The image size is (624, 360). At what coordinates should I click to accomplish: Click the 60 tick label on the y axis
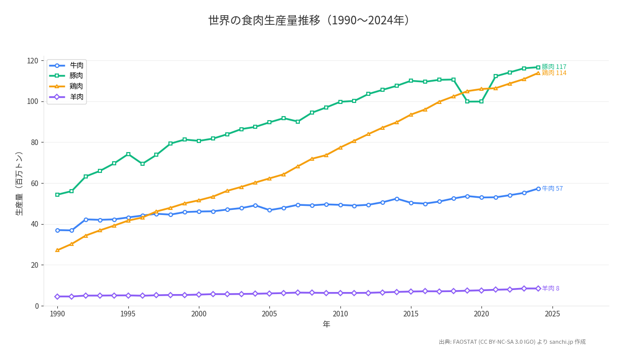pyautogui.click(x=34, y=183)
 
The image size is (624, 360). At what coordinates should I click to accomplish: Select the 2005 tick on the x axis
pyautogui.click(x=269, y=314)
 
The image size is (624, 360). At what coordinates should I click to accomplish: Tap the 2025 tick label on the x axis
pyautogui.click(x=552, y=314)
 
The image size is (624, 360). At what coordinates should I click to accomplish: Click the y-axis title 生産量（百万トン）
pyautogui.click(x=19, y=184)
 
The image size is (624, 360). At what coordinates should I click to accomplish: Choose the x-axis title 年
pyautogui.click(x=326, y=325)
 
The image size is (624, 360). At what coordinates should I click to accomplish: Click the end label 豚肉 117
pyautogui.click(x=554, y=67)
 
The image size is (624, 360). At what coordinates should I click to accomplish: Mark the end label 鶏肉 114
pyautogui.click(x=554, y=74)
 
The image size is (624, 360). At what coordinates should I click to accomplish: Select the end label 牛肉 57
pyautogui.click(x=552, y=189)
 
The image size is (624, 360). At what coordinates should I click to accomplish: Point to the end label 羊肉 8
pyautogui.click(x=550, y=289)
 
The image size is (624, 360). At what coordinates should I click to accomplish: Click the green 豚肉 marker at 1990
pyautogui.click(x=57, y=195)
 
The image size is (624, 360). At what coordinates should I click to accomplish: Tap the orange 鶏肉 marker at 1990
pyautogui.click(x=57, y=250)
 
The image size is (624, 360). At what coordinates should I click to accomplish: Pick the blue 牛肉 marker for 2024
pyautogui.click(x=538, y=189)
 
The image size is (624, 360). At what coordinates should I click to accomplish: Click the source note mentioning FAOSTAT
pyautogui.click(x=512, y=342)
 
